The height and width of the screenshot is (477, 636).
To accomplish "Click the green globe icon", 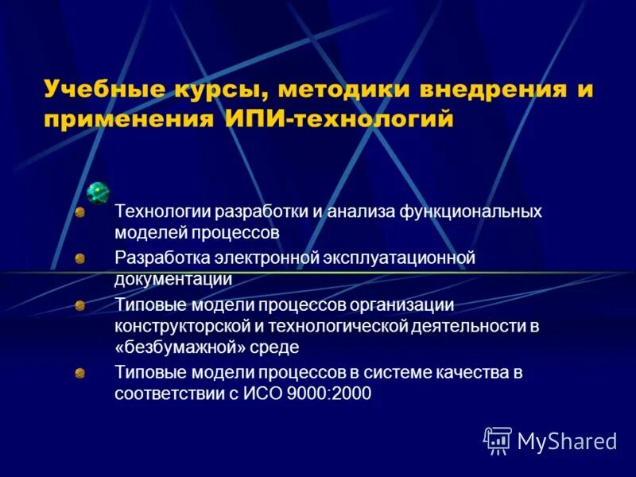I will [98, 192].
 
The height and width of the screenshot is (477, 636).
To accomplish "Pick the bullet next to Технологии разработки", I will [79, 212].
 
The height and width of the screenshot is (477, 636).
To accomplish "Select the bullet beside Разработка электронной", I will [79, 258].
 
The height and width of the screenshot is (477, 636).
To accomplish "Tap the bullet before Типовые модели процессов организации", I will [79, 304].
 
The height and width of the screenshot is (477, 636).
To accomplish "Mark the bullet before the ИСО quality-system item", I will [79, 372].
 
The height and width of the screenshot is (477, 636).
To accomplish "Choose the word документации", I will [173, 279].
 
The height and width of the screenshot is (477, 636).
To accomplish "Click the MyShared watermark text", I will [567, 440].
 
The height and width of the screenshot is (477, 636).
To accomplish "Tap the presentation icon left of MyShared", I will [498, 440].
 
